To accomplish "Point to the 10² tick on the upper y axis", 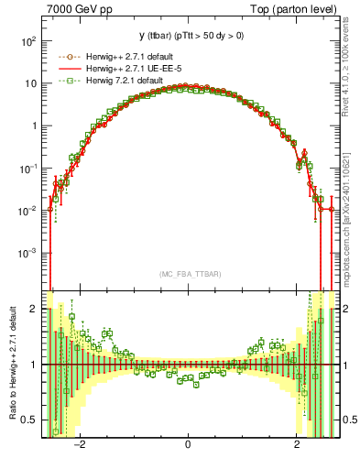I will tap(29, 41).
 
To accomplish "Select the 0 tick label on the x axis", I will tap(188, 443).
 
